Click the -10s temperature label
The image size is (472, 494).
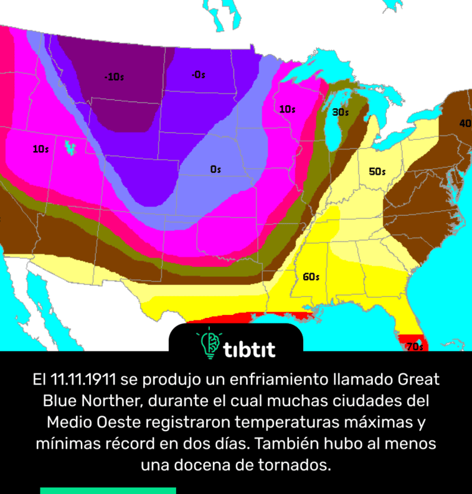114,77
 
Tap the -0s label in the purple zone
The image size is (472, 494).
199,75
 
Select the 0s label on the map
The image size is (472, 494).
215,169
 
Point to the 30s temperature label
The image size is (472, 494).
340,113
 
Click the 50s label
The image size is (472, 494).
377,172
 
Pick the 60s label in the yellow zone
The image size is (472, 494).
311,277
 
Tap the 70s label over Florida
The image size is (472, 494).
414,347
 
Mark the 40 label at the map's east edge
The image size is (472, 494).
465,124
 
